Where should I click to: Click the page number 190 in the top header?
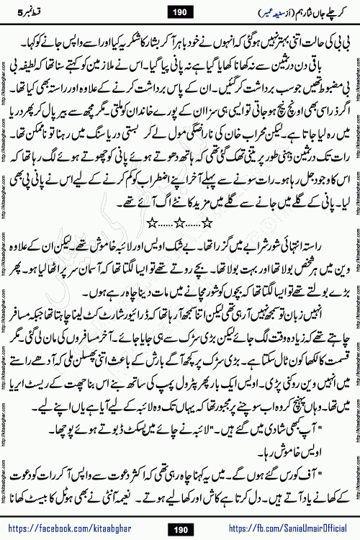click(x=180, y=12)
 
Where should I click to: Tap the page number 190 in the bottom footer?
click(x=181, y=529)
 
